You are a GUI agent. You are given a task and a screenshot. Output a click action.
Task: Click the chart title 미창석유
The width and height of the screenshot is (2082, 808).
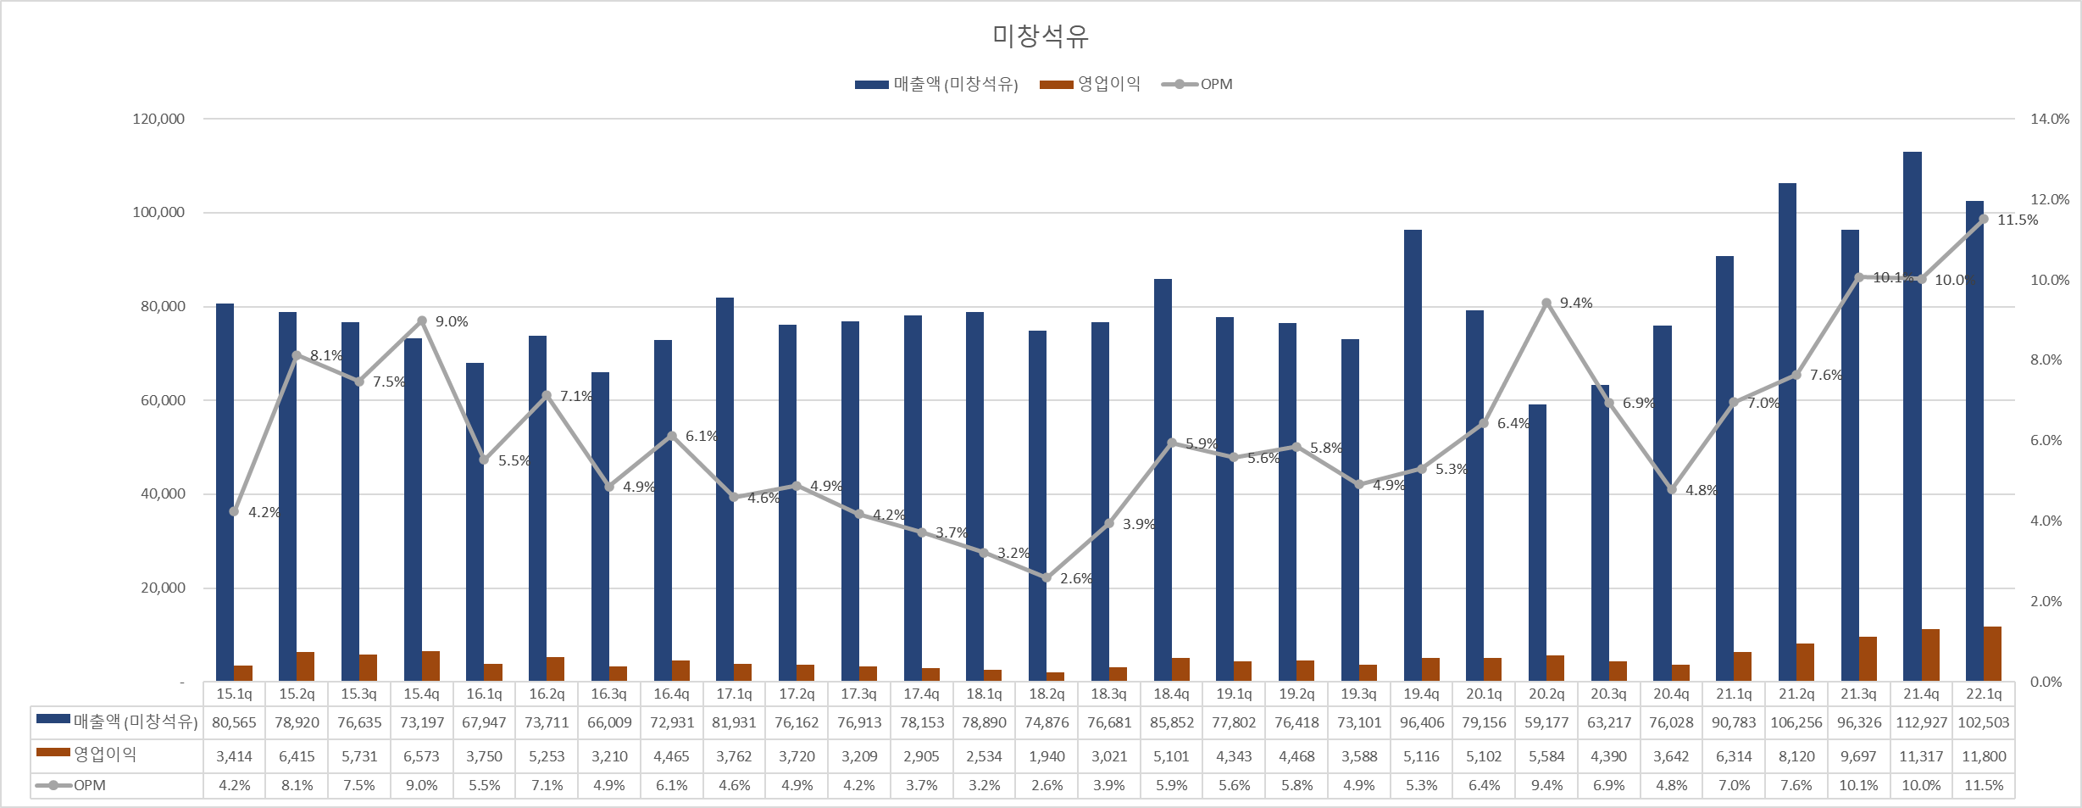point(1040,36)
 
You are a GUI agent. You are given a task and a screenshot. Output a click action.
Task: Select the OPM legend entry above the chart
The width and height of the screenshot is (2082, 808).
point(1197,84)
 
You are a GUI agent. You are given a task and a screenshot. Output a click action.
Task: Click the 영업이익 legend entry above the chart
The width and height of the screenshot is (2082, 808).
point(1091,84)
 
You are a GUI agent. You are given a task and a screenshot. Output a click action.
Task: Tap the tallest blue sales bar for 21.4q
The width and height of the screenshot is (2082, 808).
point(1912,415)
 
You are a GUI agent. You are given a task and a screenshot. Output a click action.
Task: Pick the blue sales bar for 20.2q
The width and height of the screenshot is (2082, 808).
point(1537,543)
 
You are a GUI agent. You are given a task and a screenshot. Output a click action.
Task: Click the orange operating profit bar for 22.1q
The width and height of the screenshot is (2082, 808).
point(1992,654)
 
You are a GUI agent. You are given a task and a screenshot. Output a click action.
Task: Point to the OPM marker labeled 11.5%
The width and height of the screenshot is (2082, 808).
point(1983,220)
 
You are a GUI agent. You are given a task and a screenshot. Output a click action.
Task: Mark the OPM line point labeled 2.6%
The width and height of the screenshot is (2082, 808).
point(1046,577)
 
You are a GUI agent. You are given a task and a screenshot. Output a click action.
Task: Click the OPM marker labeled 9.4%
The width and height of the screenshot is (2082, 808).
point(1546,303)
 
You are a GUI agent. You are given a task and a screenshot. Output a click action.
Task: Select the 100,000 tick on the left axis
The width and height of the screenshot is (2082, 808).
point(158,212)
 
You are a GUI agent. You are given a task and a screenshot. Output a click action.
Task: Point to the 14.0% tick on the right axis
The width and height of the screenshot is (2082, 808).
point(2049,119)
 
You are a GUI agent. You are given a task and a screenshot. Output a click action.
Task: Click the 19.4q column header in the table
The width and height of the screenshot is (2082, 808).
point(1421,694)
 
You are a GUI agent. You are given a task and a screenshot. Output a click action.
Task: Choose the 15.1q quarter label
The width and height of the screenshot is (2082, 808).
point(234,694)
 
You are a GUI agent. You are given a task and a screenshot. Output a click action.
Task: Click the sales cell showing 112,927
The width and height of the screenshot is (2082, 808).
point(1921,722)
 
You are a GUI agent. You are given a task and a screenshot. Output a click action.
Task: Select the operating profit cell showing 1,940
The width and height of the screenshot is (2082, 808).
point(1047,756)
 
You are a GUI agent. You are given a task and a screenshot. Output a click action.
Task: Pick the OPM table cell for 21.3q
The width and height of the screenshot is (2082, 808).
point(1858,785)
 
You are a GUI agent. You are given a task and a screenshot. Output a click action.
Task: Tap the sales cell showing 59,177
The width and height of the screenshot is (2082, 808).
point(1546,722)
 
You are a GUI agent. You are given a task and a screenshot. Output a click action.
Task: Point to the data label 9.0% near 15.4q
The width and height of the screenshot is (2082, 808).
point(452,321)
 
